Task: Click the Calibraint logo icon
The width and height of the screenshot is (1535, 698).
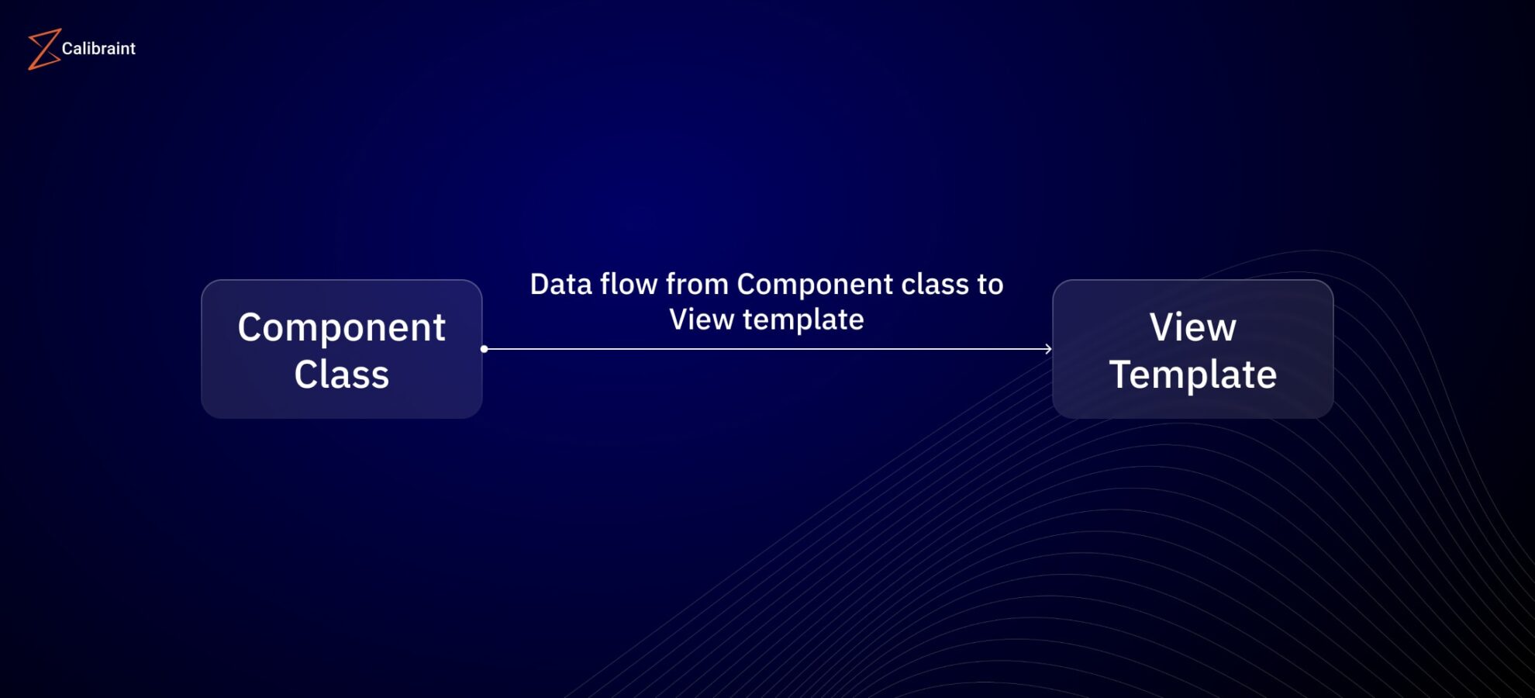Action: [44, 49]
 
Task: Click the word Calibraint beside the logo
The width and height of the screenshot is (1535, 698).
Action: [98, 49]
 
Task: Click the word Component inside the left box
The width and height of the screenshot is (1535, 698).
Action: [341, 328]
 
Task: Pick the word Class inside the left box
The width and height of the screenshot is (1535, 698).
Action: [341, 375]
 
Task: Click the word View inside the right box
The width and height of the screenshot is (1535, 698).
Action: [1192, 327]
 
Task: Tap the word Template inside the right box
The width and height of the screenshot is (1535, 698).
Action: [1192, 375]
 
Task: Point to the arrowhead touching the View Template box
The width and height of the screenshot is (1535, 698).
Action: [1047, 349]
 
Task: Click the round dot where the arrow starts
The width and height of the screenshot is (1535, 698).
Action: [485, 349]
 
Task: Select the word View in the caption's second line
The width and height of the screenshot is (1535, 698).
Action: [701, 320]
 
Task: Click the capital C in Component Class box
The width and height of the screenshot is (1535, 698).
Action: [252, 327]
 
